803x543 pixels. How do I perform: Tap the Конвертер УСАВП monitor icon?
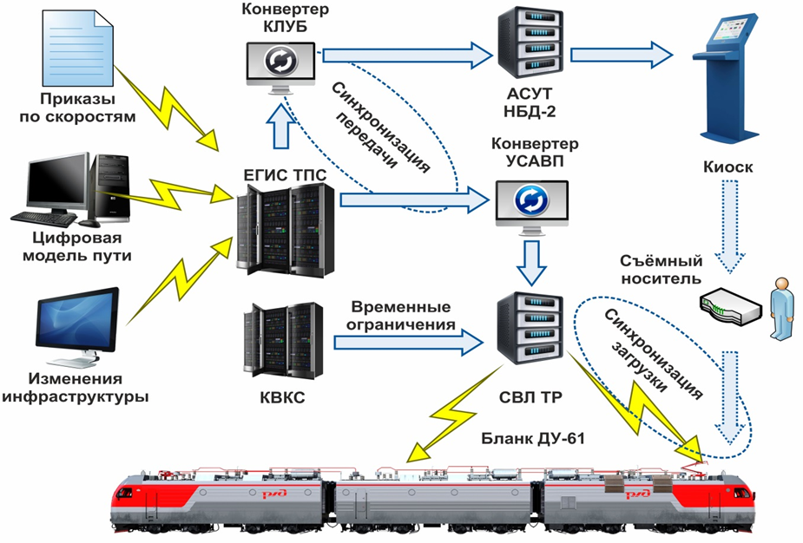click(531, 204)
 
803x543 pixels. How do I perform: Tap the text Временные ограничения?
click(402, 317)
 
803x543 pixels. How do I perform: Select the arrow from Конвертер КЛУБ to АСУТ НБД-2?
click(404, 56)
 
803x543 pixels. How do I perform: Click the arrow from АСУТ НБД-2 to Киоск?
click(621, 56)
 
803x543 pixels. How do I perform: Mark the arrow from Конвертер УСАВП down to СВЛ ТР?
click(531, 260)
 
